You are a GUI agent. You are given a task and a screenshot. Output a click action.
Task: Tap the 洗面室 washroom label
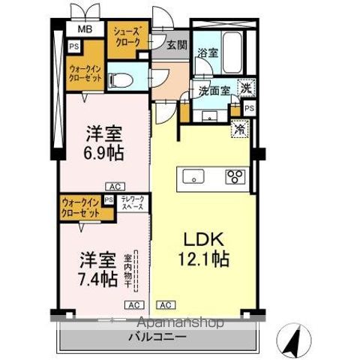tap(213, 91)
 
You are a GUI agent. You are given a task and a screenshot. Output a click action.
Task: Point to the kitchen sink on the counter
tap(193, 178)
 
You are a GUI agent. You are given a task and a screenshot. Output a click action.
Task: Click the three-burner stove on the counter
tap(234, 178)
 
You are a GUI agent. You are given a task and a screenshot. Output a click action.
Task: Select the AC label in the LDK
tap(166, 304)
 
